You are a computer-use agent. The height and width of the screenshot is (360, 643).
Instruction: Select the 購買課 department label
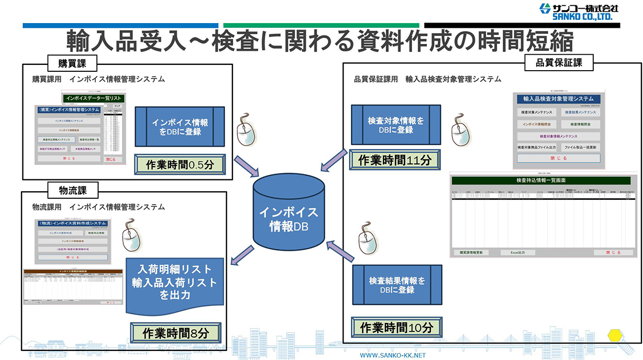[x=70, y=63]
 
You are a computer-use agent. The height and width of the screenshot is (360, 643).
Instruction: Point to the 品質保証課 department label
[x=558, y=62]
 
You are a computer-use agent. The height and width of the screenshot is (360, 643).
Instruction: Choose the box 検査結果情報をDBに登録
[x=396, y=286]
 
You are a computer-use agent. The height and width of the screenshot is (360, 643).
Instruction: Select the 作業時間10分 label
[x=396, y=327]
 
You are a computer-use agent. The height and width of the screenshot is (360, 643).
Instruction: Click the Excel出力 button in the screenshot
[x=517, y=252]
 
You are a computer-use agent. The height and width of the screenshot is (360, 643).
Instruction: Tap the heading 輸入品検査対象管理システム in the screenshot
[x=558, y=99]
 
